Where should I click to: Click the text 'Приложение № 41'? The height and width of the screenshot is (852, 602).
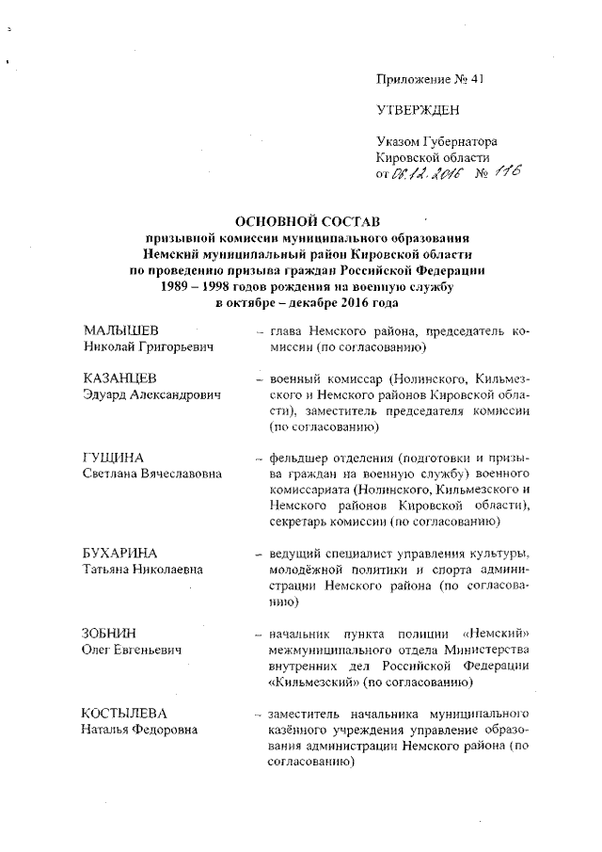(x=429, y=79)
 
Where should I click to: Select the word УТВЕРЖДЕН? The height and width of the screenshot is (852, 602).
(x=419, y=110)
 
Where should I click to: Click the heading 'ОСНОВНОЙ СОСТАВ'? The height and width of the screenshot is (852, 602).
(x=306, y=221)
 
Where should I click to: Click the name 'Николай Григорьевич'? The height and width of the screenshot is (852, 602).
(x=145, y=348)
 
